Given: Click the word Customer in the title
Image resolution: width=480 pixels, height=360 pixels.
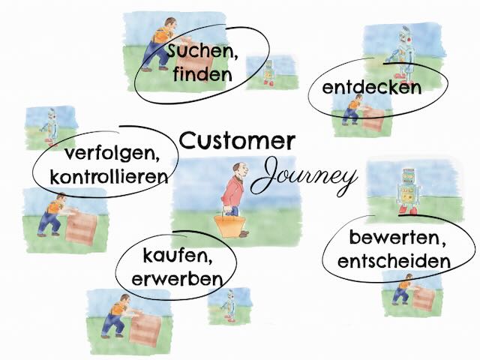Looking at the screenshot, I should [237, 139].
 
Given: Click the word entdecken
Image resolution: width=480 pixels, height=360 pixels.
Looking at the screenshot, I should [371, 88].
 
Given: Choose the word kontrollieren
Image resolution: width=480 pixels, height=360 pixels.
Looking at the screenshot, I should [108, 177].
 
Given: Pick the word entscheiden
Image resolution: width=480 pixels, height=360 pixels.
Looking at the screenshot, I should [394, 261].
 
